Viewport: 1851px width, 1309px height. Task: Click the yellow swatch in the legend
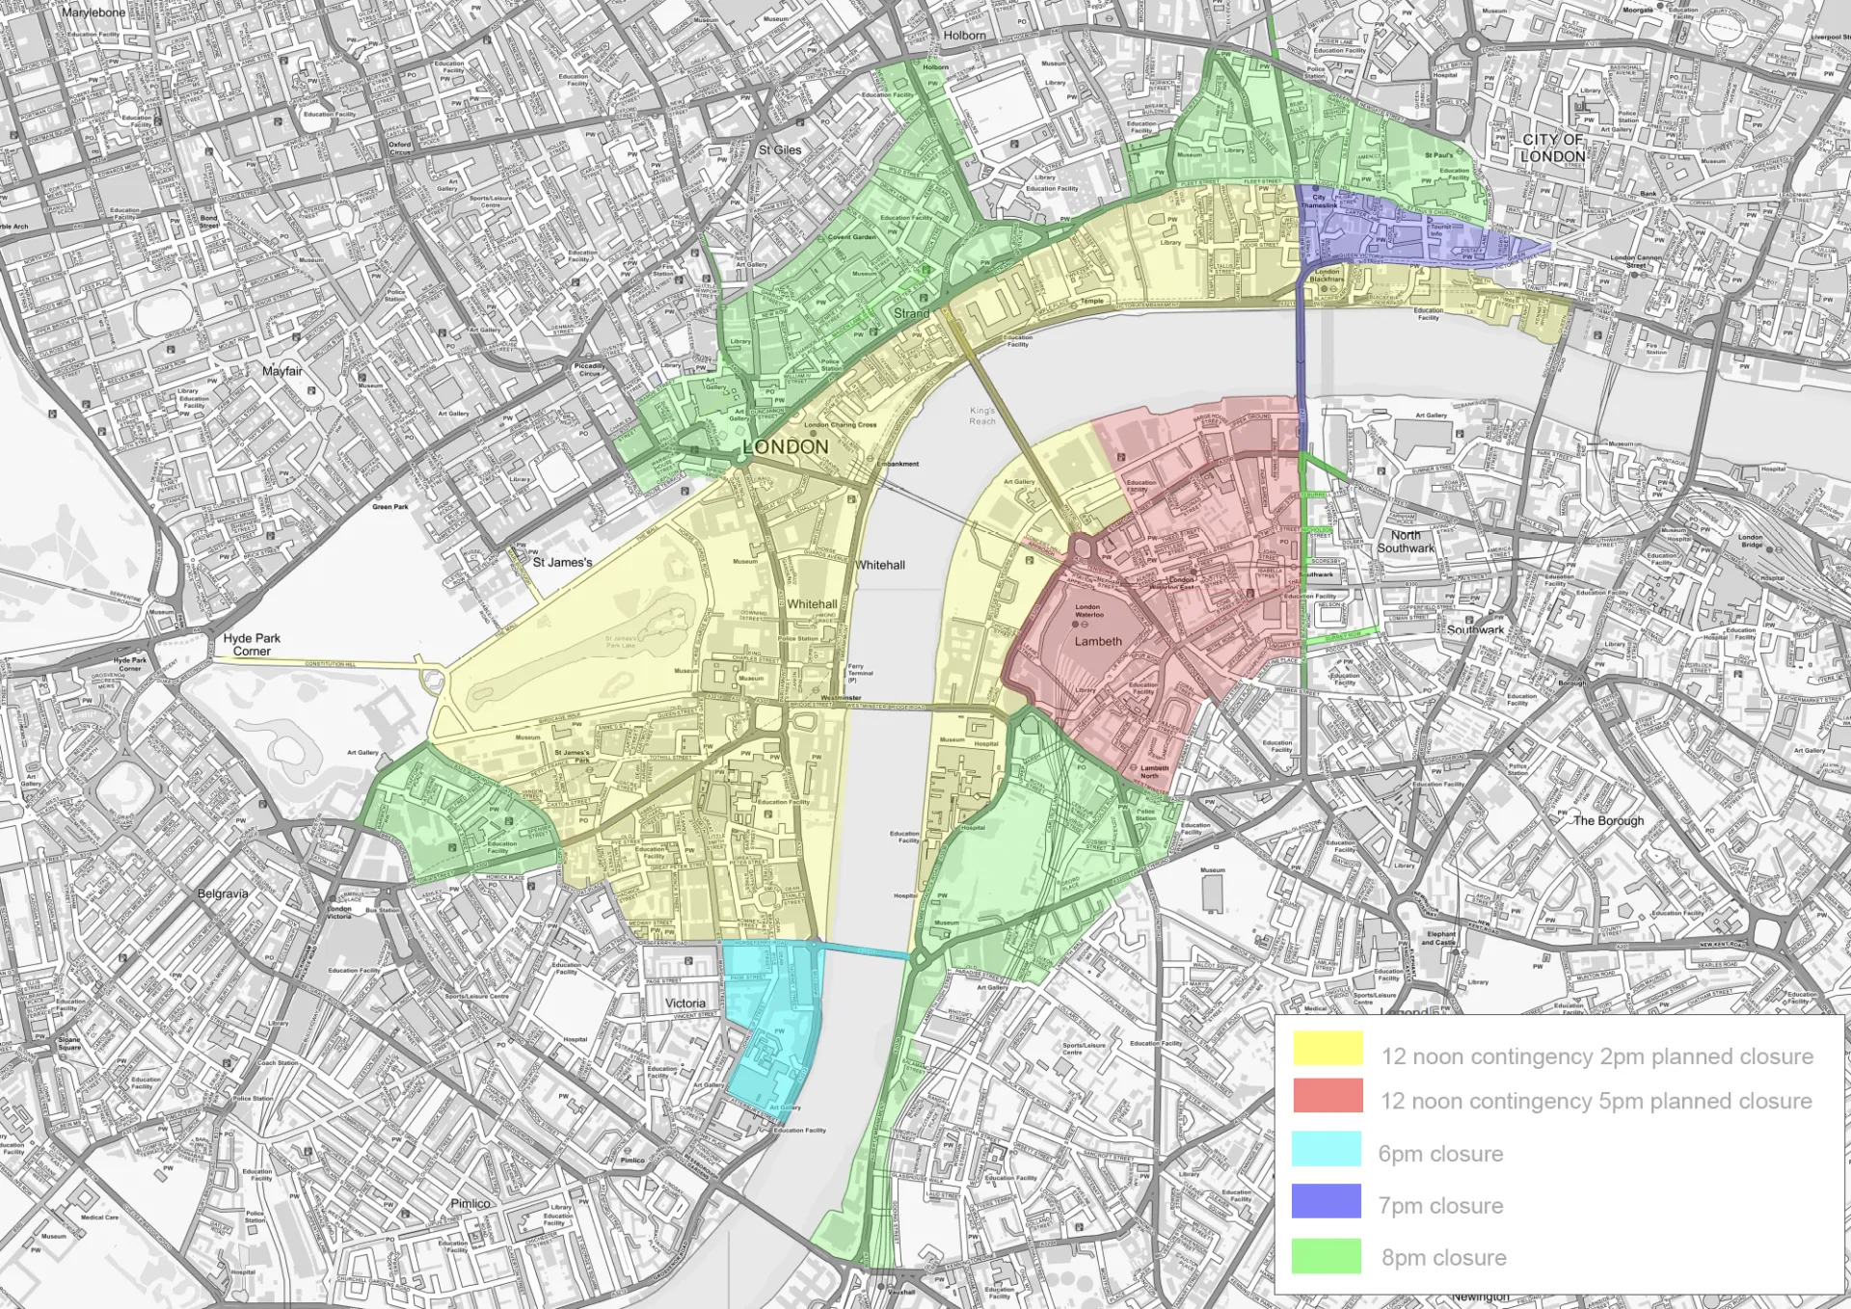[x=1328, y=1049]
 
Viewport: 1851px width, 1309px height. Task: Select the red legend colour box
[x=1328, y=1096]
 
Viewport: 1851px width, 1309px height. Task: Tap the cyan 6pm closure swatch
[x=1327, y=1149]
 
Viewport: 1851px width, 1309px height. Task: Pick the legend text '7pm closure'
[x=1440, y=1206]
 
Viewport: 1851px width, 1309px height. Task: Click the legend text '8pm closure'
[x=1443, y=1258]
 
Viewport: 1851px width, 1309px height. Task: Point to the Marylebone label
[x=94, y=13]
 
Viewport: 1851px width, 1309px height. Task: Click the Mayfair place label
[x=282, y=371]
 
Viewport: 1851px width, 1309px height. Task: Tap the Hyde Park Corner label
[x=252, y=644]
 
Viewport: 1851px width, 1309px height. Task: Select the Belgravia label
[x=223, y=894]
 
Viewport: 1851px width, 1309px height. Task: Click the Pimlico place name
[x=470, y=1203]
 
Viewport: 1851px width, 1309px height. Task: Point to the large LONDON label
[x=786, y=447]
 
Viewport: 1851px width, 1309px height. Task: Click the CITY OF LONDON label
[x=1552, y=147]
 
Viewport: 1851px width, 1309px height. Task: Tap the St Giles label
[x=779, y=150]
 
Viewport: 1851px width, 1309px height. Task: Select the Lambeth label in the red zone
[x=1098, y=641]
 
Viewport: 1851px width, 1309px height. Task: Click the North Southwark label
[x=1406, y=542]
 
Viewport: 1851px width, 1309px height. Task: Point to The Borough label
[x=1608, y=820]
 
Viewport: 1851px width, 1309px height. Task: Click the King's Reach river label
[x=982, y=415]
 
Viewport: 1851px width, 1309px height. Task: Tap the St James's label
[x=562, y=562]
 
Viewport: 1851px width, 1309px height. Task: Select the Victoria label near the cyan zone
[x=684, y=1002]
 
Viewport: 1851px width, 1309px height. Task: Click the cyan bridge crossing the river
[x=864, y=951]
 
